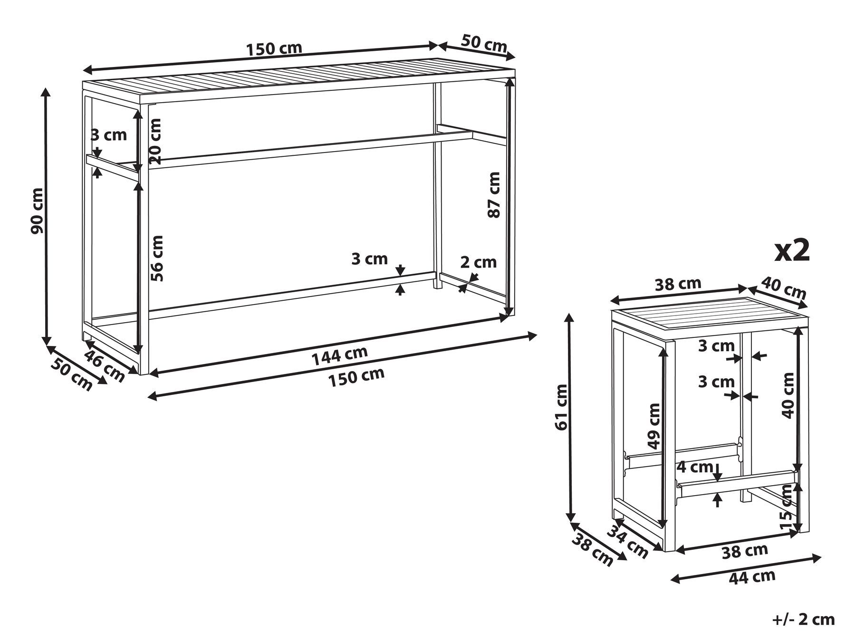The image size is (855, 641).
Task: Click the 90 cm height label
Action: (x=37, y=210)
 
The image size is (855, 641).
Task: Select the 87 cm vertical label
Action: (x=494, y=195)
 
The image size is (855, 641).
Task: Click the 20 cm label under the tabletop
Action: (x=155, y=141)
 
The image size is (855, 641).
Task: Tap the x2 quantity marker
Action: (x=792, y=250)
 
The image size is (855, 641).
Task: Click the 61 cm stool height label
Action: (x=561, y=407)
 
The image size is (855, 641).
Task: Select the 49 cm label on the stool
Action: (x=654, y=426)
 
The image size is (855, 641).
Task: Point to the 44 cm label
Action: (x=751, y=577)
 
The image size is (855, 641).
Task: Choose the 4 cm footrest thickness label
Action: (x=694, y=467)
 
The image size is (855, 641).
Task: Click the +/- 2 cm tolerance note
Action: (x=803, y=620)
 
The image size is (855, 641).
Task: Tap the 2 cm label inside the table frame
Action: (x=478, y=262)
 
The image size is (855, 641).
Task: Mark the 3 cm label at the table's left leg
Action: (x=109, y=135)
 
